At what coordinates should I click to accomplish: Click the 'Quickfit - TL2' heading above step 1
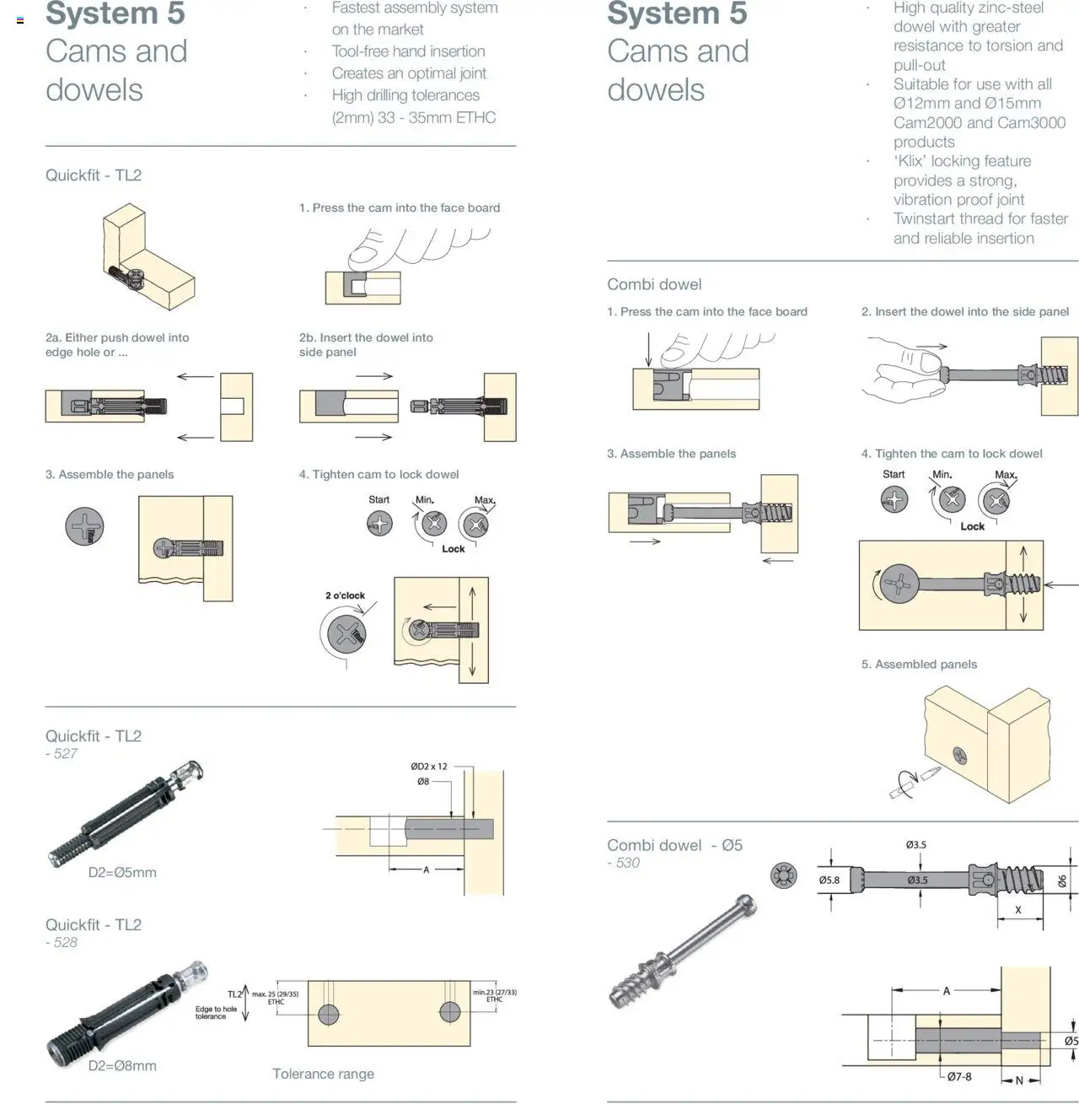coord(94,175)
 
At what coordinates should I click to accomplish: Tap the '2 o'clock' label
coord(345,595)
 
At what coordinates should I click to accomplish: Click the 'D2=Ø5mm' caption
coord(122,873)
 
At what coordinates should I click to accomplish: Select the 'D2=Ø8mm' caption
coord(122,1066)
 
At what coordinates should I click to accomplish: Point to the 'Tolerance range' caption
coord(323,1074)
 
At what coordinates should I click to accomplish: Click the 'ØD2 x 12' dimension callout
coord(429,767)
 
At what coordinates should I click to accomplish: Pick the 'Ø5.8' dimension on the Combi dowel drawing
coord(829,881)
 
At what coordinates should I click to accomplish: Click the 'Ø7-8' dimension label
coord(958,1077)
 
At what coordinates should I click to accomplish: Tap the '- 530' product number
coord(624,863)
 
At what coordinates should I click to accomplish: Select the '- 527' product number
coord(62,754)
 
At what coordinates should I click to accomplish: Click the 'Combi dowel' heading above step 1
coord(654,285)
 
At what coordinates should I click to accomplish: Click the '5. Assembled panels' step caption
coord(919,665)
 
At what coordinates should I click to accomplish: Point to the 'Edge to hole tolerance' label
coord(216,1013)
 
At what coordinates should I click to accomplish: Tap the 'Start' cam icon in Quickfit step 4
coord(379,524)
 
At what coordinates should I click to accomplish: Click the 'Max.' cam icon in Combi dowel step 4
coord(996,501)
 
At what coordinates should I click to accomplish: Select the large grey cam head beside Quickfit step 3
coord(84,527)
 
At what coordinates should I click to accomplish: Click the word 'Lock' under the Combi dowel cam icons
coord(972,526)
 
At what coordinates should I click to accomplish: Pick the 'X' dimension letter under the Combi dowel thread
coord(1017,910)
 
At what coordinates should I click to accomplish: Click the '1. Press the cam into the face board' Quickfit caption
coord(400,208)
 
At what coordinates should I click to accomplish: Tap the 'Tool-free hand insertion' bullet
coord(408,51)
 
